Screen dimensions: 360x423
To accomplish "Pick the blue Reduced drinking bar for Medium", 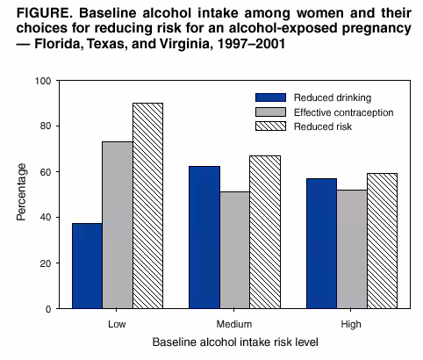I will (204, 237).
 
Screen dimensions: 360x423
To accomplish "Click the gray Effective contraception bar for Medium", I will (235, 250).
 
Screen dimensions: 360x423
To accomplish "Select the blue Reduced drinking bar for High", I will (322, 243).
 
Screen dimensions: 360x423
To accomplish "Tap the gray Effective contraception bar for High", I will (352, 249).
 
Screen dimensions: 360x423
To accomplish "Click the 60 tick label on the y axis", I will (45, 172).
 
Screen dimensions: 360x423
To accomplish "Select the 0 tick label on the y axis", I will (47, 309).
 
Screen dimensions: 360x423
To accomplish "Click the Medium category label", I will (235, 322).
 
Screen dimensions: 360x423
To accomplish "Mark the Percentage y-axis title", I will (21, 194).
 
